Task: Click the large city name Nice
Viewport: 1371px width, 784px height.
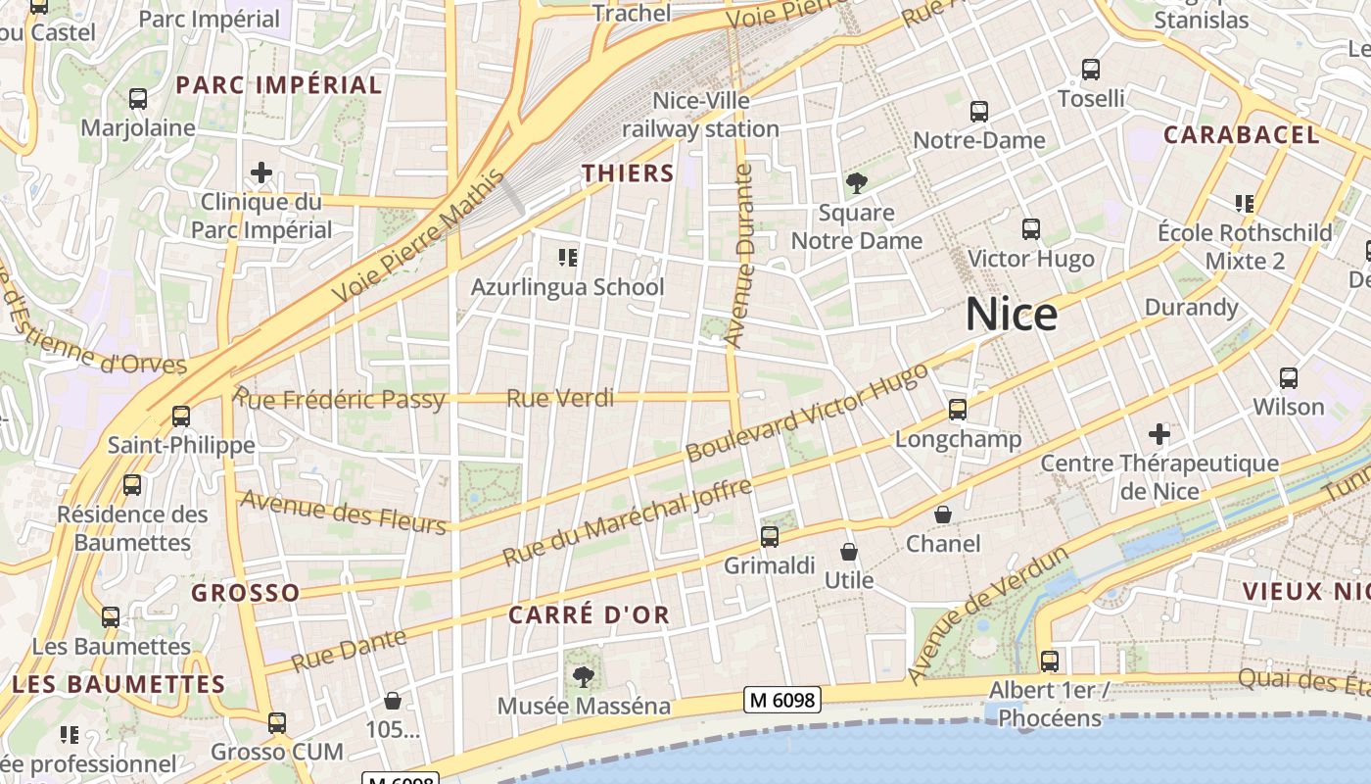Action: coord(1011,315)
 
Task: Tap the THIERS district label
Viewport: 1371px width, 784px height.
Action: coord(628,173)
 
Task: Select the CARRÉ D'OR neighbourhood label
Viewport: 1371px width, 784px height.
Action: coord(589,614)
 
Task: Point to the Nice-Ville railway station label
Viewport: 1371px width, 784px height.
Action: coord(700,115)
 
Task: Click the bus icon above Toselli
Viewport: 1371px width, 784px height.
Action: coord(1091,70)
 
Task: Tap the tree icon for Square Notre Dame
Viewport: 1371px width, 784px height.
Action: coord(856,182)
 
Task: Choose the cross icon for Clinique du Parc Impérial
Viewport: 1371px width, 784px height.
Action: coord(261,173)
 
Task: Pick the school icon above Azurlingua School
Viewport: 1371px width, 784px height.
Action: coord(567,258)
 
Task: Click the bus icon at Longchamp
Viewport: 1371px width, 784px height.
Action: coord(958,410)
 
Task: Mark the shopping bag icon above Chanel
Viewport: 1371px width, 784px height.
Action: coord(942,514)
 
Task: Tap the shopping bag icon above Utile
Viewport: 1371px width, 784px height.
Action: coord(848,552)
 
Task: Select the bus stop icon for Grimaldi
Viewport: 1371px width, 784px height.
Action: coord(770,536)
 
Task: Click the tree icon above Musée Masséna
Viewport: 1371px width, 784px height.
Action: coord(584,676)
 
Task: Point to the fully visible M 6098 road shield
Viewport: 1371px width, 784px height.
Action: coord(781,699)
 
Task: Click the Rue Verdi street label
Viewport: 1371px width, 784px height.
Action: coord(560,398)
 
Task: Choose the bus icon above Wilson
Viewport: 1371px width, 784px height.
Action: coord(1289,377)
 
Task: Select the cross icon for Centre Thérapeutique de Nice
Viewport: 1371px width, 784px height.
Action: coord(1159,433)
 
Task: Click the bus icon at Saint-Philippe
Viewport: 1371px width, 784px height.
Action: coord(181,416)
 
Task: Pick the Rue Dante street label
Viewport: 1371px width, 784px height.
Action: coord(349,650)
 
